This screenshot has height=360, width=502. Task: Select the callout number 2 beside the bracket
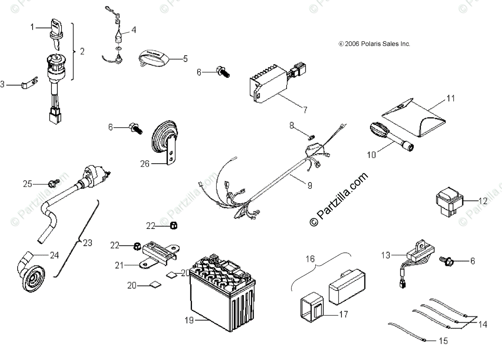[x=82, y=51]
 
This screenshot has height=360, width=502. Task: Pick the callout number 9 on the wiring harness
[x=310, y=185]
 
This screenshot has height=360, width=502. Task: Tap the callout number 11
[x=450, y=99]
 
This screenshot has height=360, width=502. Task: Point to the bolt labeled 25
[x=52, y=183]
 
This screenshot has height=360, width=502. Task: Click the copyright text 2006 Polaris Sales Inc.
[x=374, y=44]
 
